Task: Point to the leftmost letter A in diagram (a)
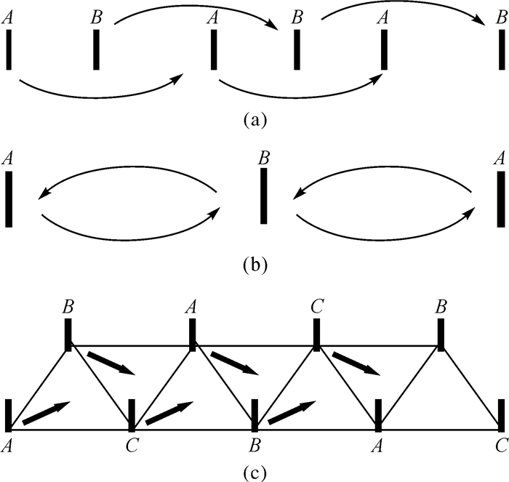click(9, 16)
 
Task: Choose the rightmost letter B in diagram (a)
click(499, 16)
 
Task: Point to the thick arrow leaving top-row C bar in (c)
click(356, 363)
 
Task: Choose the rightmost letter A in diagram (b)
click(500, 157)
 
